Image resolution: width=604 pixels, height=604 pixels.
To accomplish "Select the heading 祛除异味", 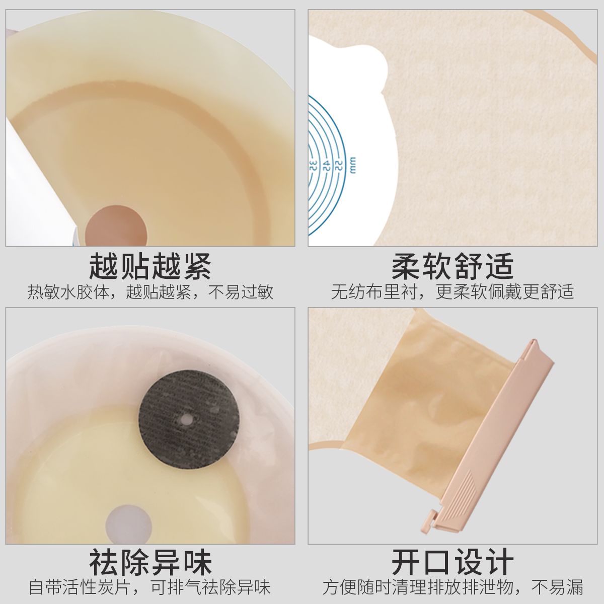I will click(x=150, y=562).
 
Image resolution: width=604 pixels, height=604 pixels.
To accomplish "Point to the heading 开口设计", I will click(x=452, y=562).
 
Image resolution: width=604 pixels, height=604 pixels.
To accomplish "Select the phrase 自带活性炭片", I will click(x=81, y=587).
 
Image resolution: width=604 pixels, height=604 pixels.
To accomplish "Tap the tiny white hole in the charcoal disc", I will click(x=187, y=419).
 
